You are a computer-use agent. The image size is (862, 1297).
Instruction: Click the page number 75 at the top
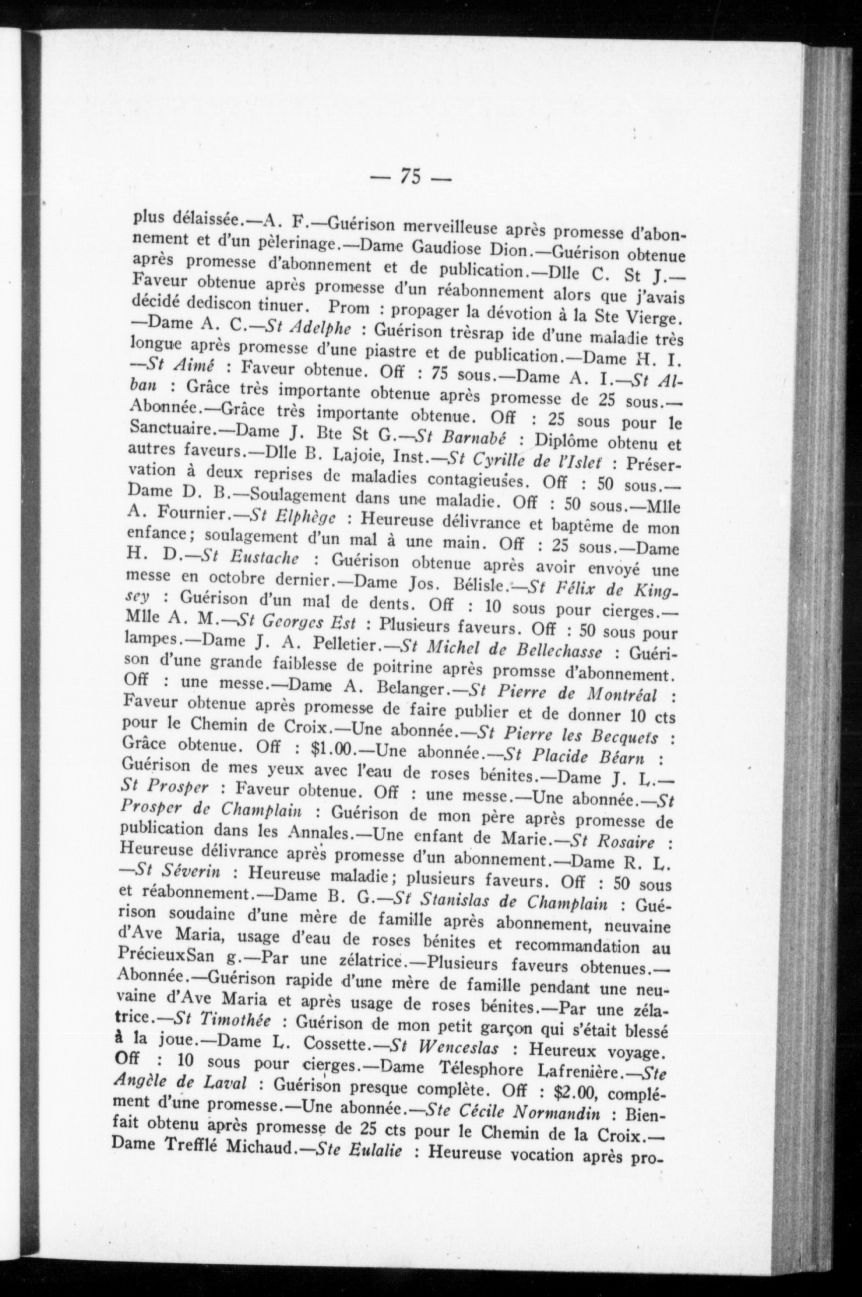[411, 176]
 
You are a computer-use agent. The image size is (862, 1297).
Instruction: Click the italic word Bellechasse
[558, 652]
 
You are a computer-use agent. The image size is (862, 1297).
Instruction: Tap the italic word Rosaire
[626, 842]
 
